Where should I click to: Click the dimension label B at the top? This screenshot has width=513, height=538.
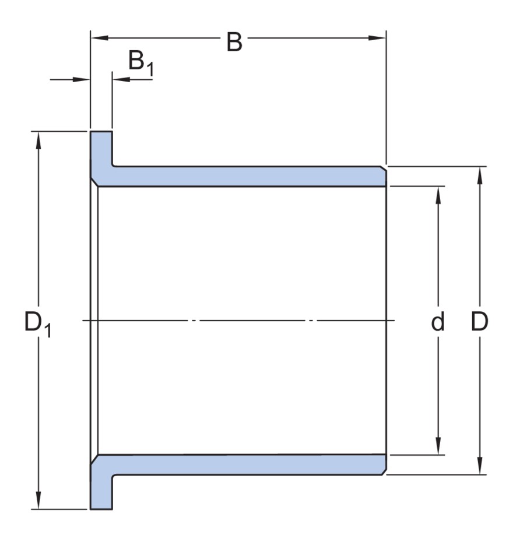point(234,43)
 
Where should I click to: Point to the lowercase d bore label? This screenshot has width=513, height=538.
point(437,321)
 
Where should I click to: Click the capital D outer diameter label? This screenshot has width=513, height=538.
point(479,321)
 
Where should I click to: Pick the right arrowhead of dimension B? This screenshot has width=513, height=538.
point(380,38)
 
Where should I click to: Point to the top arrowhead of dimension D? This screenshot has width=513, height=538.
point(479,174)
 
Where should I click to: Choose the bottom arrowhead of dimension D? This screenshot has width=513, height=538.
point(479,467)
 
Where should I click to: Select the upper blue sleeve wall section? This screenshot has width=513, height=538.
point(245,176)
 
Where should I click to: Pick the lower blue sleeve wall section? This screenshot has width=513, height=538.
point(245,465)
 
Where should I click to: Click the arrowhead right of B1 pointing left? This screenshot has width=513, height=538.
point(118,79)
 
